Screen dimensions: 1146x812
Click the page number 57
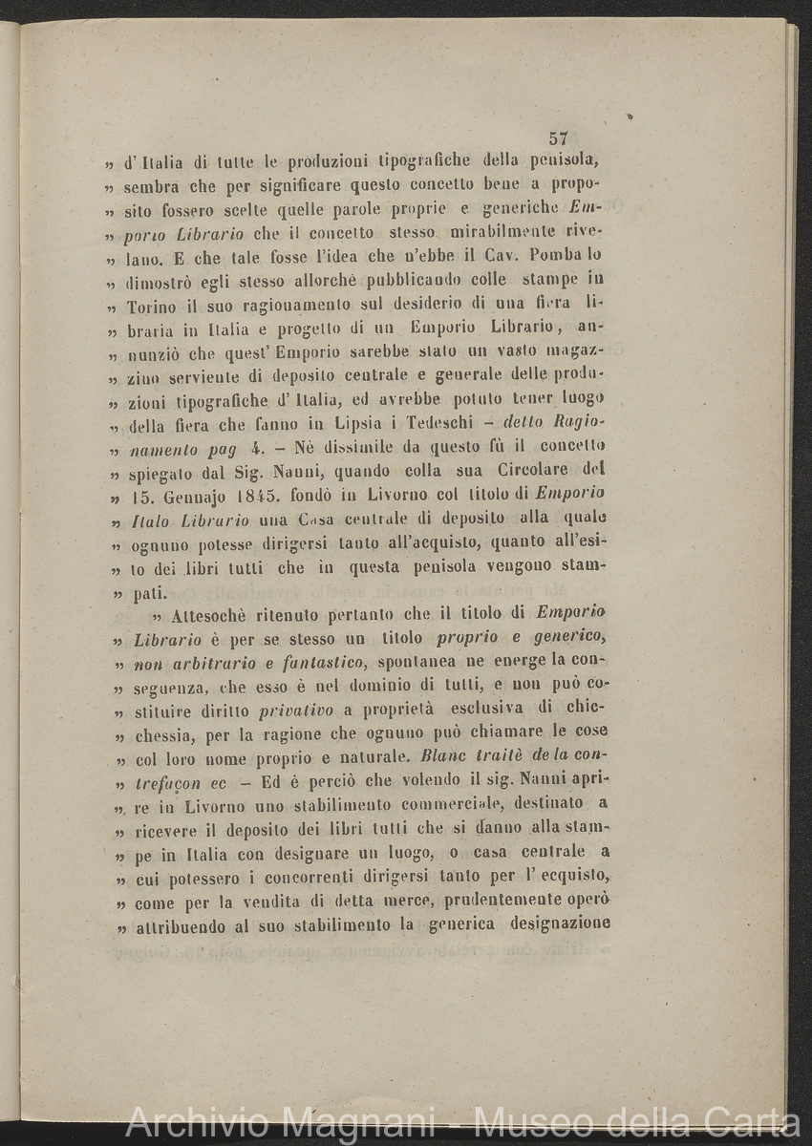559,138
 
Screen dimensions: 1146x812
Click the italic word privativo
296,711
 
